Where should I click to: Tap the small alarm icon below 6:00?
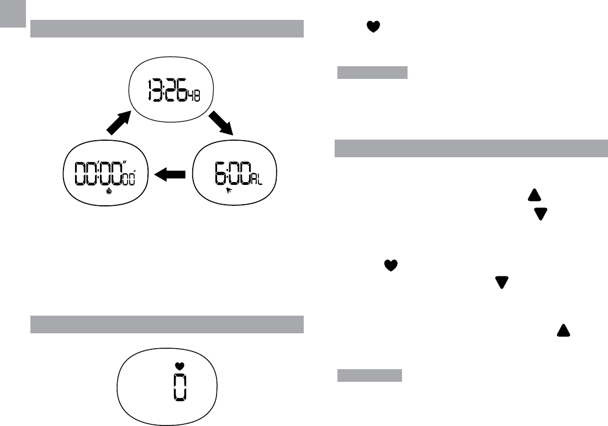[229, 190]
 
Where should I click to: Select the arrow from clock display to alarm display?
[221, 123]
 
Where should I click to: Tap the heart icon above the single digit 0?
[178, 365]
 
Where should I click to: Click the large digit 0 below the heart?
[179, 387]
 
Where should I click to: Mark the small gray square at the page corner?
[13, 13]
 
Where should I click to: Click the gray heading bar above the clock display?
[167, 29]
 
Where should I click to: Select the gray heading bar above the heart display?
[167, 324]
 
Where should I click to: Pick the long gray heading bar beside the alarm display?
[471, 148]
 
